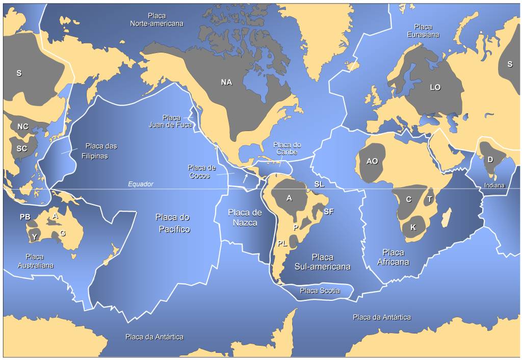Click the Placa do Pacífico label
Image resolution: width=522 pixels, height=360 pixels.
pyautogui.click(x=173, y=223)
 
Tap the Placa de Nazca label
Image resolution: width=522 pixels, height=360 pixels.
pyautogui.click(x=245, y=218)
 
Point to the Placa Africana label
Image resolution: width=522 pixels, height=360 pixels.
pyautogui.click(x=393, y=257)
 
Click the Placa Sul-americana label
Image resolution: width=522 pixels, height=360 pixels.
pyautogui.click(x=322, y=262)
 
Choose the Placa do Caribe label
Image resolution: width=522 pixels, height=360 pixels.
pyautogui.click(x=287, y=148)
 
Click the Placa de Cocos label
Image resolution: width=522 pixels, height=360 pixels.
pyautogui.click(x=201, y=171)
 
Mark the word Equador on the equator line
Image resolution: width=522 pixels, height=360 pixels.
pyautogui.click(x=140, y=185)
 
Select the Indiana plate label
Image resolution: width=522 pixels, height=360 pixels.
pyautogui.click(x=494, y=186)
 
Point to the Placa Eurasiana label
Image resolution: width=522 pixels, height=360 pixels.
pyautogui.click(x=423, y=31)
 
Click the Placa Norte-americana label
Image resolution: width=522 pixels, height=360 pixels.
pyautogui.click(x=156, y=20)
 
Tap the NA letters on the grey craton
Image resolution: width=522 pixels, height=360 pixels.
pyautogui.click(x=226, y=82)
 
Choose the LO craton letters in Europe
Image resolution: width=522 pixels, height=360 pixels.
pyautogui.click(x=435, y=88)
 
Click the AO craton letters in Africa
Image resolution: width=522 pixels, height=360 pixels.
pyautogui.click(x=372, y=161)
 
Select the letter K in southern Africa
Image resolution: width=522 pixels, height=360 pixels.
pyautogui.click(x=413, y=227)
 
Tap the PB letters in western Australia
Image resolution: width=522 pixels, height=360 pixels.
pyautogui.click(x=25, y=217)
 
